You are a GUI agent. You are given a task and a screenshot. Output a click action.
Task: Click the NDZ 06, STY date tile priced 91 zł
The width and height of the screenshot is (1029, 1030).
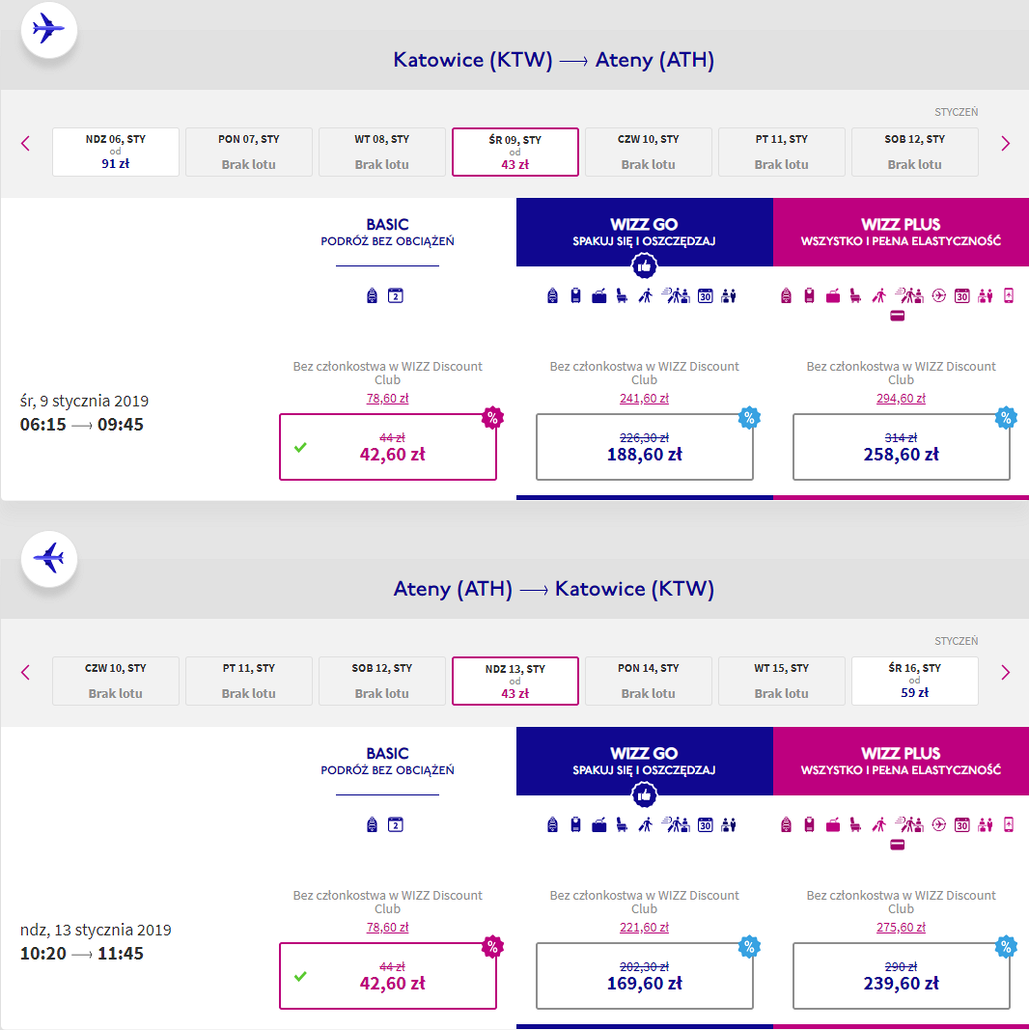(x=116, y=152)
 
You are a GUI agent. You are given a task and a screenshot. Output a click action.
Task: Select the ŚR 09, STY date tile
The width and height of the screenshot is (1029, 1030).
(x=515, y=152)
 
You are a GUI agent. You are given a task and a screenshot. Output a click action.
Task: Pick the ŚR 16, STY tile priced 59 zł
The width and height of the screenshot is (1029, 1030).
(x=915, y=681)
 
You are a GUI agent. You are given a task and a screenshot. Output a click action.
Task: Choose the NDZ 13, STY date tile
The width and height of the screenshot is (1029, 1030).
(x=515, y=681)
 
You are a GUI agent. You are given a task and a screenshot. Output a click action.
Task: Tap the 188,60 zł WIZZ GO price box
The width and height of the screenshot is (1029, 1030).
(x=644, y=447)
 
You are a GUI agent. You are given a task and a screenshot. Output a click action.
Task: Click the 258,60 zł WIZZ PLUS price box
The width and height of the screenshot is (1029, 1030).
(x=901, y=447)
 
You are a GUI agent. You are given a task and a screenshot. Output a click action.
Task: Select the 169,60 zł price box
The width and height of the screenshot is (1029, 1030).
(x=644, y=976)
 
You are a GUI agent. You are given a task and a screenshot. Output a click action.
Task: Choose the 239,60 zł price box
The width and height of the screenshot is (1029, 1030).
(x=901, y=976)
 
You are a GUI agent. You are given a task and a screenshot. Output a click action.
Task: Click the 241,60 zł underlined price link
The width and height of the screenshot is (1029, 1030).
(x=644, y=398)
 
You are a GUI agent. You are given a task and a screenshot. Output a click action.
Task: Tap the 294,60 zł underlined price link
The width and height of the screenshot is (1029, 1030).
(x=901, y=398)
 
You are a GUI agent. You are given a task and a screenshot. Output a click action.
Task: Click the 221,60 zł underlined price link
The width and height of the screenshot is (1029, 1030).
(x=644, y=927)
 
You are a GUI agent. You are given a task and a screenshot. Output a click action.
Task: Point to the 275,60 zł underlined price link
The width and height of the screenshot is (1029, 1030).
(x=901, y=927)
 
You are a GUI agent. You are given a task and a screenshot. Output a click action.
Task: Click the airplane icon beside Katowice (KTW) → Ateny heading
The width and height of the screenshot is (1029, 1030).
(x=49, y=29)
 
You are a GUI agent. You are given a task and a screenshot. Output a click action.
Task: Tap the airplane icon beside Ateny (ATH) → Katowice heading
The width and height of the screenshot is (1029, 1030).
(x=49, y=558)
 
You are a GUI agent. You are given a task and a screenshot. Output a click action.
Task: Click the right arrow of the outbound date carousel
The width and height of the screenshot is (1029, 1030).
(x=1005, y=143)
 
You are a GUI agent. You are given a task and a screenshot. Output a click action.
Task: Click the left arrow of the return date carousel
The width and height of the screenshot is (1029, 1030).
(x=26, y=672)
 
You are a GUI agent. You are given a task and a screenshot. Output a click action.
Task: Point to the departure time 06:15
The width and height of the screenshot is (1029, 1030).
(x=43, y=425)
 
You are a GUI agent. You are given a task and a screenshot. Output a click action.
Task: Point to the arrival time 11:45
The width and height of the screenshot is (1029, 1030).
(x=120, y=953)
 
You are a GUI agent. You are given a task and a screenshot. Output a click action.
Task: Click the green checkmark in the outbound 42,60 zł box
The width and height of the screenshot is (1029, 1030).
(x=300, y=447)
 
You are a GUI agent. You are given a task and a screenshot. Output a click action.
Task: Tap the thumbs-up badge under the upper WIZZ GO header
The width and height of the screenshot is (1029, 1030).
(x=644, y=266)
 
